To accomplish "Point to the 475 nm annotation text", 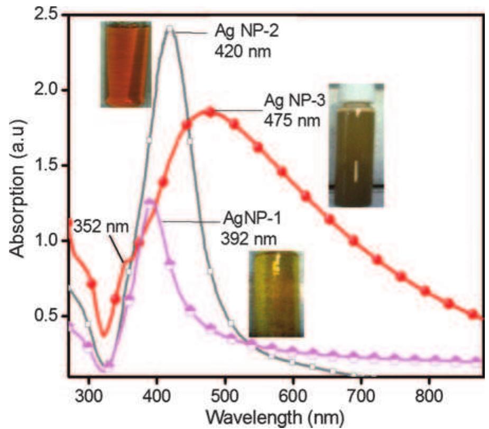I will (x=292, y=121).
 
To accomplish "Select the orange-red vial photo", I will (x=125, y=64).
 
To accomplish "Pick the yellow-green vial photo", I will (x=275, y=294).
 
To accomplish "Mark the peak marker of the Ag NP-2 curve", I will (x=169, y=28).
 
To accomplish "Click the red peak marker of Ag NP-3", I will (x=211, y=112).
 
